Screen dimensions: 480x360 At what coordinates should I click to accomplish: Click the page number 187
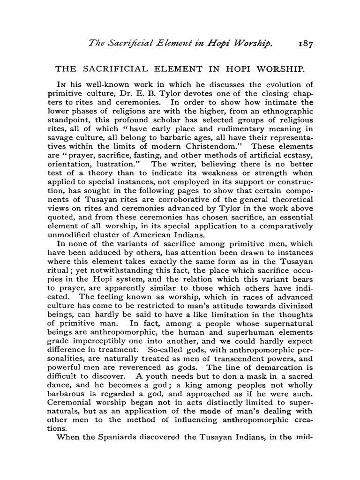click(305, 44)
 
